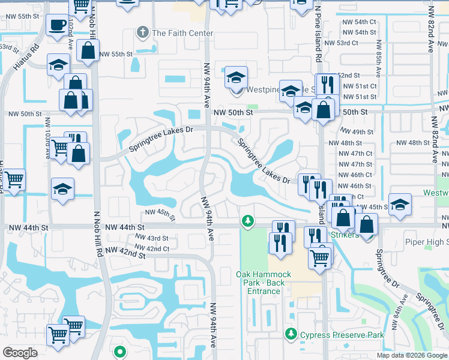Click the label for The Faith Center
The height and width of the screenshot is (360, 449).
[183, 33]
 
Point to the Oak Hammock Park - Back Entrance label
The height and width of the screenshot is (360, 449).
[264, 283]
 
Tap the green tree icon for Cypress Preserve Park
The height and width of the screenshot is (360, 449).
[292, 333]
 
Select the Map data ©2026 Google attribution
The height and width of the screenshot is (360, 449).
[412, 355]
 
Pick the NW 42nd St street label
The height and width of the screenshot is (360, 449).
[125, 254]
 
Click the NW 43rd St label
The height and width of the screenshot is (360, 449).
[148, 238]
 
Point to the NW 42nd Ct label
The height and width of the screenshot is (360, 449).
[152, 248]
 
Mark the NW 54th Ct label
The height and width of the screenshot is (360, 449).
[358, 22]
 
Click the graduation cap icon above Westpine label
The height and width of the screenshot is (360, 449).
[237, 77]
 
